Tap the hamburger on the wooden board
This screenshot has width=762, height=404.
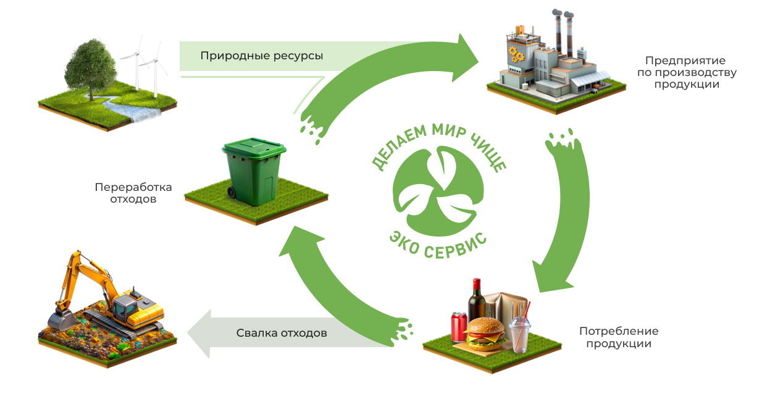pos(484,333)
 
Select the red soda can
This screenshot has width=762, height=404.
pos(459,326)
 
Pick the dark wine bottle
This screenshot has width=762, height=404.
pos(476,302)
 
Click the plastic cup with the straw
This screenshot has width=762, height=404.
pos(520,335)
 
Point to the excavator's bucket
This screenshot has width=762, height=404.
pos(60,320)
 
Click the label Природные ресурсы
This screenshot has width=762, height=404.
pos(261,56)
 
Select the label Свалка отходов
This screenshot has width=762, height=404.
pos(282,333)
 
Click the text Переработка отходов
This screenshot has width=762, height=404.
pos(133,193)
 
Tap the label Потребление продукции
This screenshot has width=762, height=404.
pos(619,337)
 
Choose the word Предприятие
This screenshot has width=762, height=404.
pos(685,61)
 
